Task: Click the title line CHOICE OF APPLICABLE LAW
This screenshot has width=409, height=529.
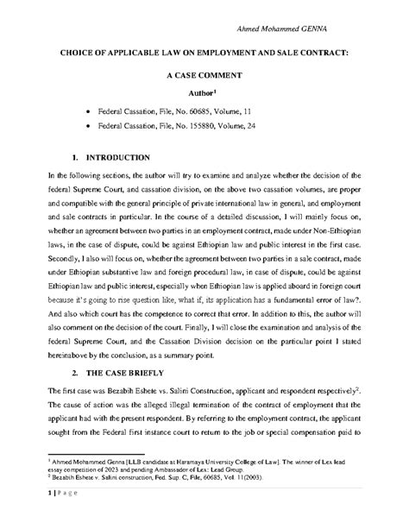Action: [204, 54]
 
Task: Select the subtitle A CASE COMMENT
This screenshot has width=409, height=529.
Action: [204, 76]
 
